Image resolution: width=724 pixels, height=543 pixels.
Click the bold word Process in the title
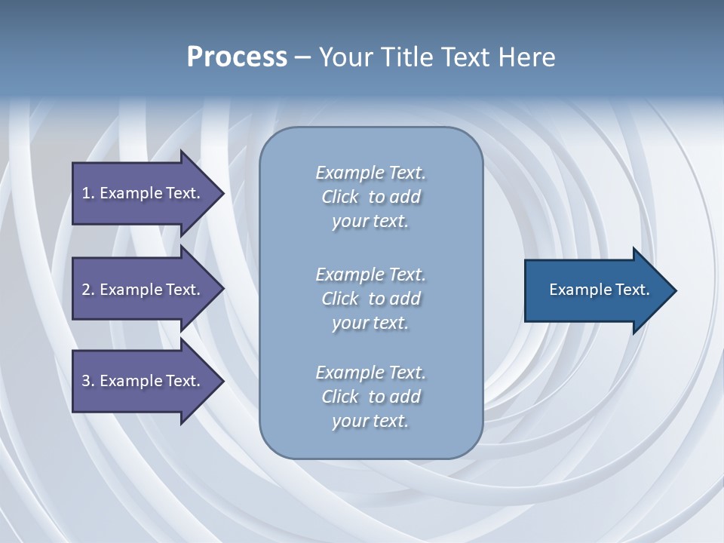(x=237, y=57)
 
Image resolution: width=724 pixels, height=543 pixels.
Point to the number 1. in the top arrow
(x=88, y=193)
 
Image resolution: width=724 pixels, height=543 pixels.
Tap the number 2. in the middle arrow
(x=88, y=290)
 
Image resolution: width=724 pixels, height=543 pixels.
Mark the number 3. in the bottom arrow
(x=88, y=381)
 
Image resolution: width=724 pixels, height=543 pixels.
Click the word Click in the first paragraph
(x=340, y=197)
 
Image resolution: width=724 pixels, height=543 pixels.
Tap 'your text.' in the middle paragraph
(x=370, y=323)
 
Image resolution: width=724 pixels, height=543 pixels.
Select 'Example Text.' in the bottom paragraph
(x=370, y=373)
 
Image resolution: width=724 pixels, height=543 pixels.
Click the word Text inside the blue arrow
(x=631, y=290)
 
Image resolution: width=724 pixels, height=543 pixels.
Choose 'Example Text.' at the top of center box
(x=370, y=173)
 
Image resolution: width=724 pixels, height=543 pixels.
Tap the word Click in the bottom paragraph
(x=340, y=397)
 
